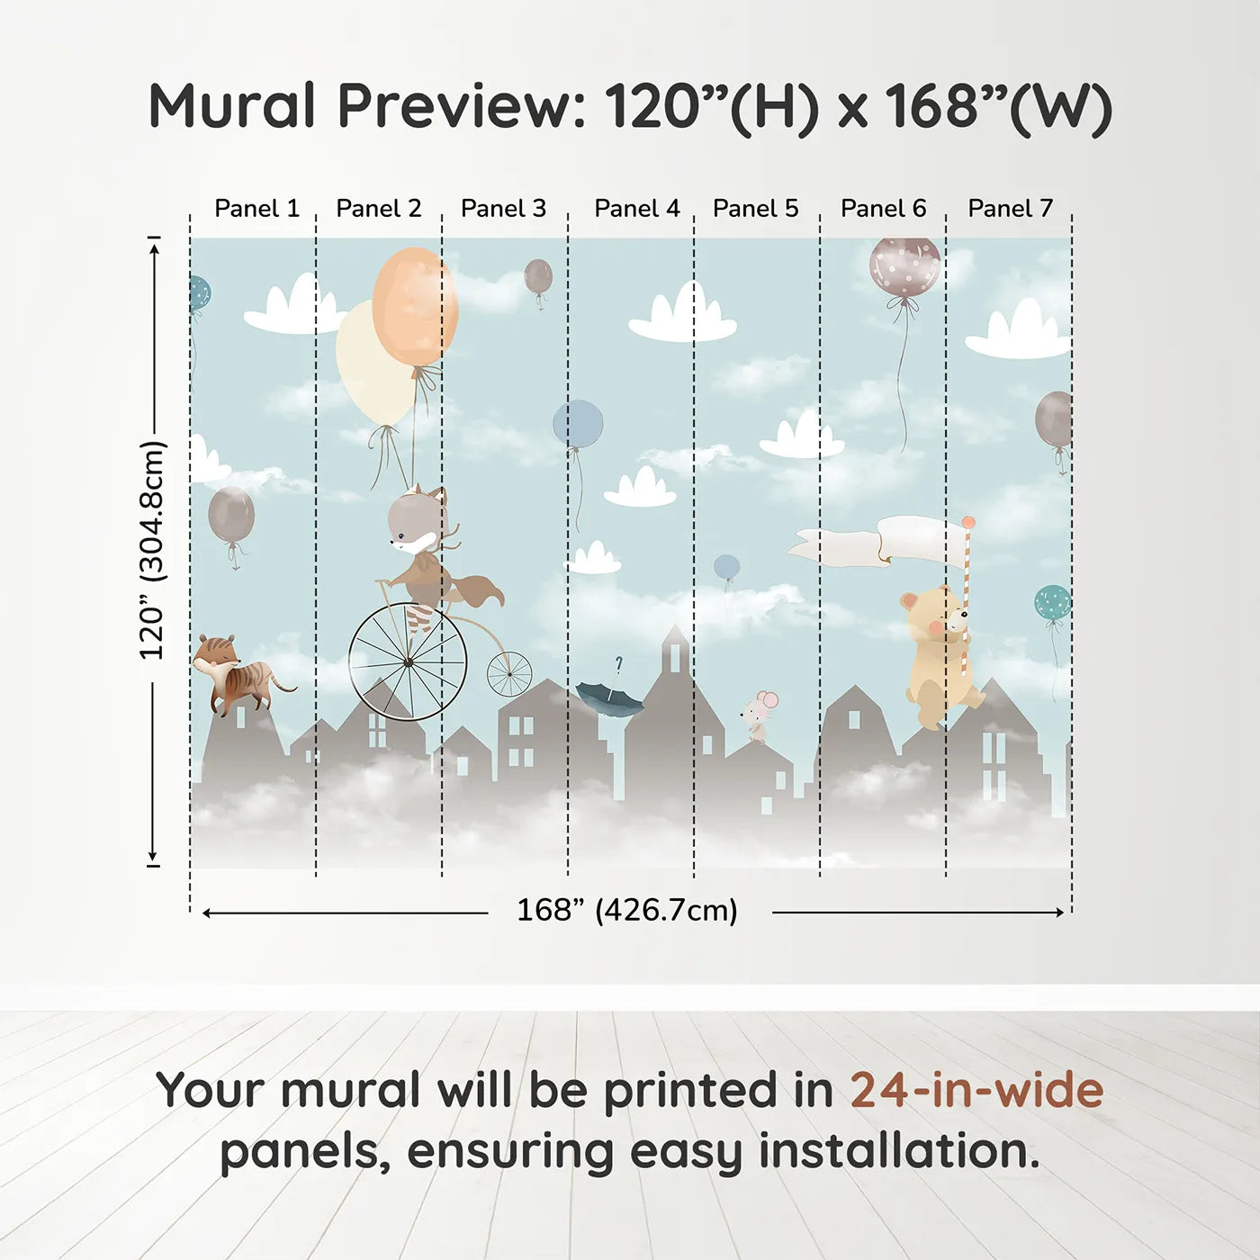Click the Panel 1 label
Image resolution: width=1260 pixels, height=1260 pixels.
[x=256, y=209]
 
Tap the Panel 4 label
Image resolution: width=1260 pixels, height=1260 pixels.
[x=636, y=209]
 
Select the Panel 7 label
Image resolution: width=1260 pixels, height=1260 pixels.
[x=1010, y=209]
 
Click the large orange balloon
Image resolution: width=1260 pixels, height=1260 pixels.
[x=416, y=306]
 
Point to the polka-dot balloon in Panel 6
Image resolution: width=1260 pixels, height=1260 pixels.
[x=904, y=266]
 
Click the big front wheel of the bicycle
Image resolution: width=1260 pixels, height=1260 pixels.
[x=408, y=662]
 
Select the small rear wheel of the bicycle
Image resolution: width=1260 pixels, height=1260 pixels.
[x=509, y=674]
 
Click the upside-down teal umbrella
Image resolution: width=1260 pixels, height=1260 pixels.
[x=609, y=696]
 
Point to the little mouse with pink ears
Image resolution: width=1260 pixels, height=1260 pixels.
[x=759, y=715]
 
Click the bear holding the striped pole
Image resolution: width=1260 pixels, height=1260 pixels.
[x=938, y=652]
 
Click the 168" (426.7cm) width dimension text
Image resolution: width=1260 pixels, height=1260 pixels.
[x=627, y=911]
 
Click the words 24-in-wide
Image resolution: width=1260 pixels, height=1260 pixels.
[x=976, y=1091]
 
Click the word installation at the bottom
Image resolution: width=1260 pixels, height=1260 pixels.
[x=898, y=1151]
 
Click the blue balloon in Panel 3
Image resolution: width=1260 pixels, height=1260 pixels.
[x=578, y=424]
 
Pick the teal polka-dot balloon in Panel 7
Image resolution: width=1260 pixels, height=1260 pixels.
[x=1052, y=603]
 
